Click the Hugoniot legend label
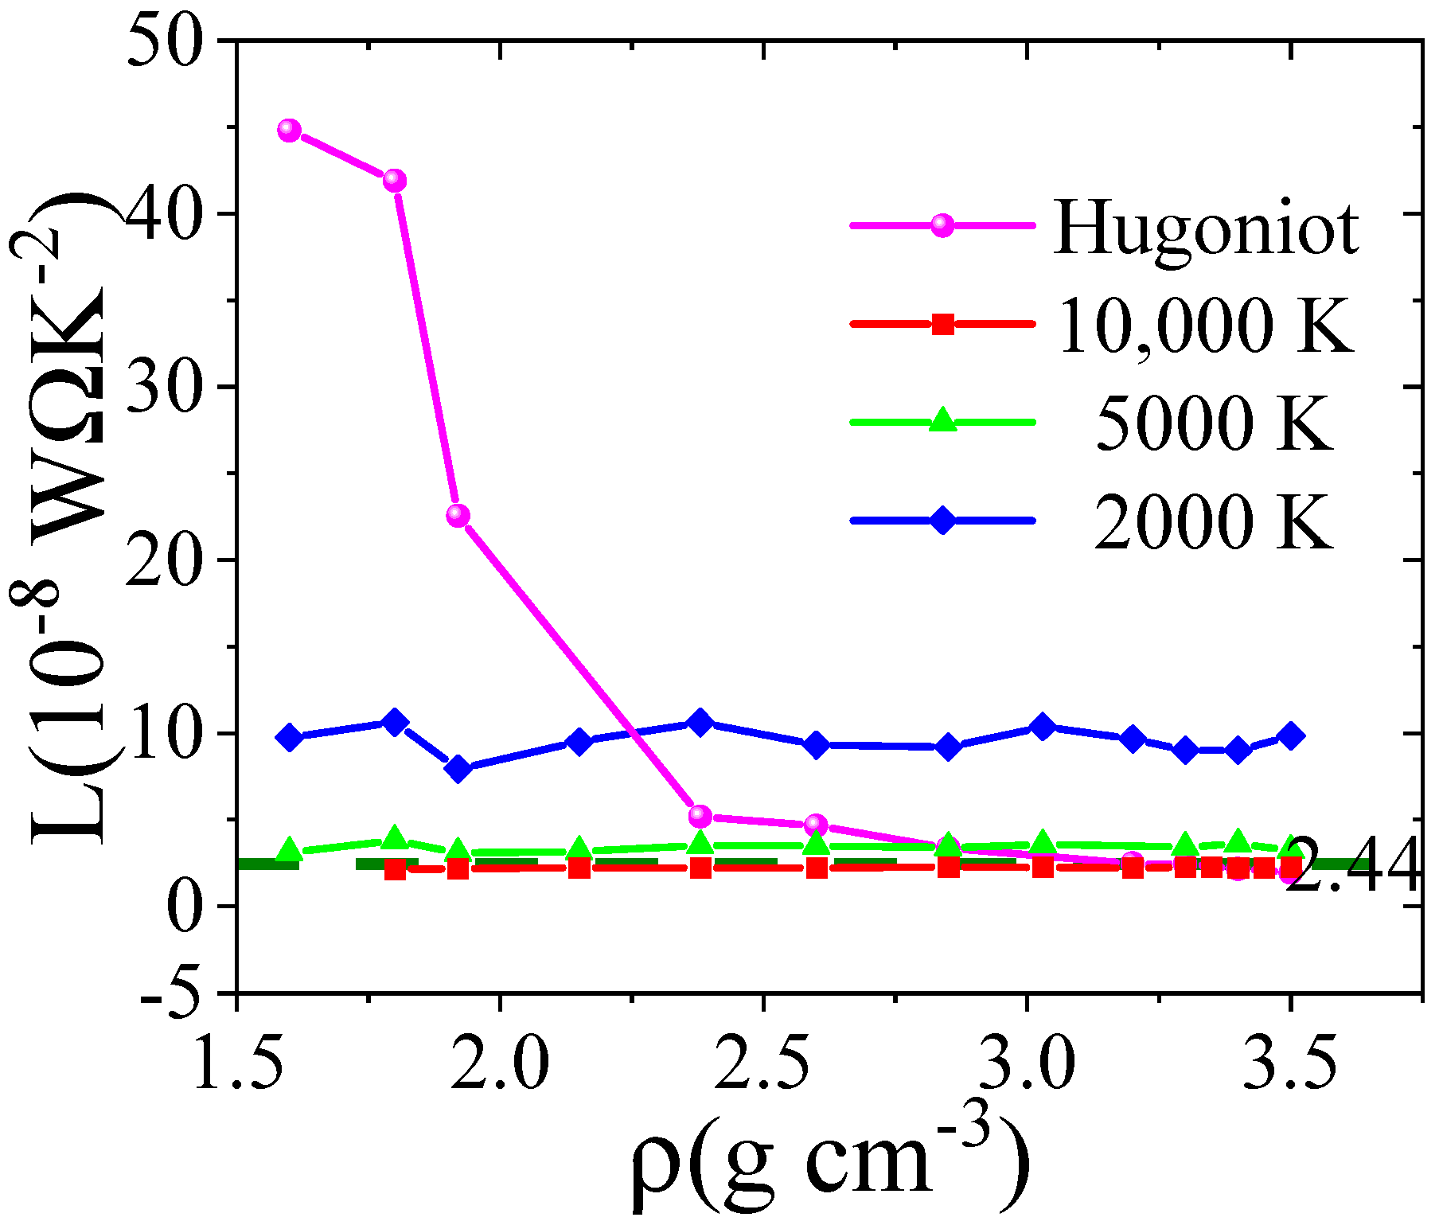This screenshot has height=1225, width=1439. pyautogui.click(x=1205, y=228)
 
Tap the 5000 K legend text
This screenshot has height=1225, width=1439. pyautogui.click(x=1213, y=423)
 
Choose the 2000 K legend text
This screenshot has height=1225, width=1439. pyautogui.click(x=1213, y=521)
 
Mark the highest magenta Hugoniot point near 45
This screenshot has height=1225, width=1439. pyautogui.click(x=290, y=131)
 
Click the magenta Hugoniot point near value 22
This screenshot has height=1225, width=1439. pyautogui.click(x=458, y=515)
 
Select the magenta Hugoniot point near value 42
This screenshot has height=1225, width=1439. pyautogui.click(x=394, y=181)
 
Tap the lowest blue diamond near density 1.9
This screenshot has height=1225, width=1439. pyautogui.click(x=458, y=769)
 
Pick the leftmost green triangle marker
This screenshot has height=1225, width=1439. pyautogui.click(x=290, y=850)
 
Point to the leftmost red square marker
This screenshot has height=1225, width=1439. pyautogui.click(x=395, y=870)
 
